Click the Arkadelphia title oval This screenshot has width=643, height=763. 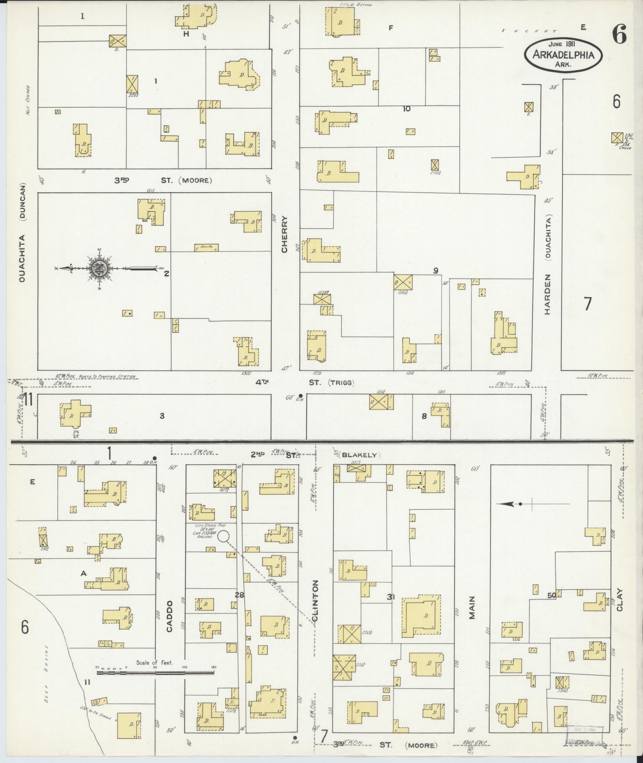(x=562, y=55)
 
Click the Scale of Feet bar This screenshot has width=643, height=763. (x=155, y=672)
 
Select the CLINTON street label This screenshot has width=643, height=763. (x=316, y=607)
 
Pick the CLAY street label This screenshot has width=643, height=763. (x=619, y=600)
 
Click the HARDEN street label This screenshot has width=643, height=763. (x=547, y=294)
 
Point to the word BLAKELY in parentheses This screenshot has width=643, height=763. (x=359, y=455)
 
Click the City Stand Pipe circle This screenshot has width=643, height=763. (x=223, y=536)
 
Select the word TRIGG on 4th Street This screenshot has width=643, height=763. (x=342, y=383)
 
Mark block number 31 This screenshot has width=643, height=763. (x=391, y=597)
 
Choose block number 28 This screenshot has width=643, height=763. (x=239, y=595)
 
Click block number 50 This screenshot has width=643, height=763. (x=552, y=595)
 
